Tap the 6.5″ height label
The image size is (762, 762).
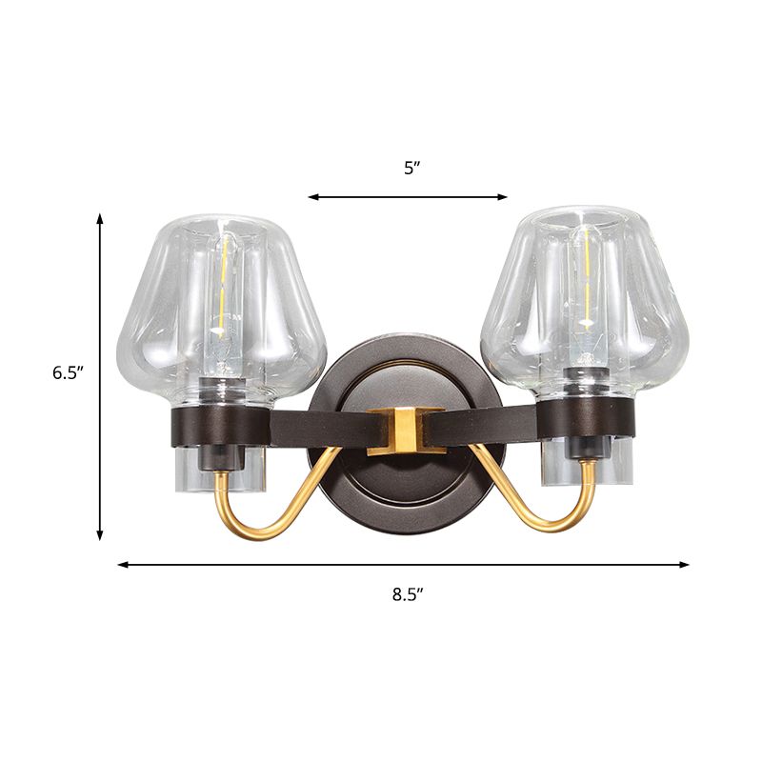(69, 372)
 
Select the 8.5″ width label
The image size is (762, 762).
(407, 595)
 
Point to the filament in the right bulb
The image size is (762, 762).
(584, 276)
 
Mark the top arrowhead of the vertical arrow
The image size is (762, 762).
(100, 219)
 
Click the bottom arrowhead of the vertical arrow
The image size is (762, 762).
(100, 535)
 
